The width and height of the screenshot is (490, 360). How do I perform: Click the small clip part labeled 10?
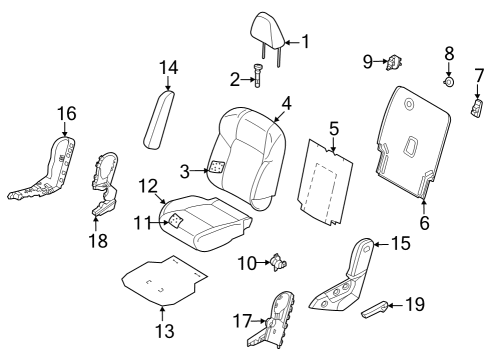279,262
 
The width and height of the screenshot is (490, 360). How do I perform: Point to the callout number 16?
66,114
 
